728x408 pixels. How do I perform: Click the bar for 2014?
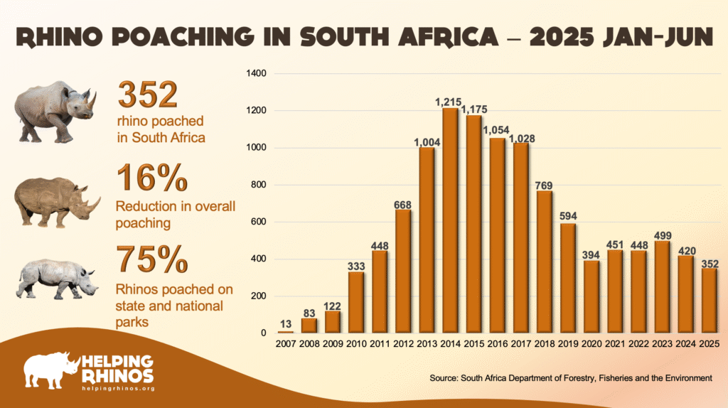coord(449,220)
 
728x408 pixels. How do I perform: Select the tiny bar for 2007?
coord(285,331)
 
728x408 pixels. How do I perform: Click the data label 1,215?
coord(449,103)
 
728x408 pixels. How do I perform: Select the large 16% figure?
coord(151,180)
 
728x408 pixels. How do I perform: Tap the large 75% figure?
coord(151,260)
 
